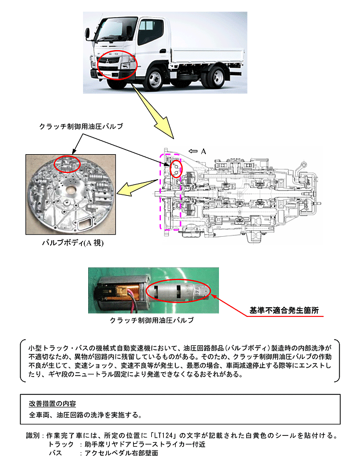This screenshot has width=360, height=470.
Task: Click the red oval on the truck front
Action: pos(117,64)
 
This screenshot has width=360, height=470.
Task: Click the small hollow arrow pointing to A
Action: pos(191,151)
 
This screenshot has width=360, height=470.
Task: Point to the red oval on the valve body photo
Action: pos(67,163)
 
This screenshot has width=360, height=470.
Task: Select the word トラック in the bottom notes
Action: pos(61,444)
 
